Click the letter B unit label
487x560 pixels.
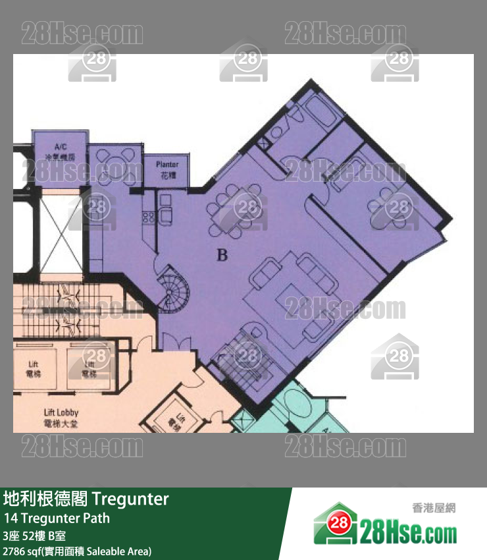[x=222, y=255]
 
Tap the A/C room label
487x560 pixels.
[x=61, y=152]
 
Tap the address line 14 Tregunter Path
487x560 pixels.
[x=57, y=518]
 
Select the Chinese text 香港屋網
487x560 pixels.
[x=434, y=508]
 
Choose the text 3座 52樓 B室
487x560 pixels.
[x=34, y=536]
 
